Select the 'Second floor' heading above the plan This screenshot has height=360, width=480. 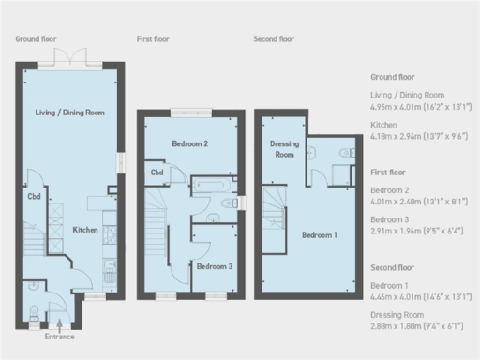275,39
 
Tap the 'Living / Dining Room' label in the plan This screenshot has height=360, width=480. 70,112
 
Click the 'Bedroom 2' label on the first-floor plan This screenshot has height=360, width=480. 189,143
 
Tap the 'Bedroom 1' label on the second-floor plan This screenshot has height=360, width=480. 320,234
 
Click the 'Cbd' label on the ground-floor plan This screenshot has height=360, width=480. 33,197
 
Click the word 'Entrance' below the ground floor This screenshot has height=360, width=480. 60,336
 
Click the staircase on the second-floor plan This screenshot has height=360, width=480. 275,218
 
